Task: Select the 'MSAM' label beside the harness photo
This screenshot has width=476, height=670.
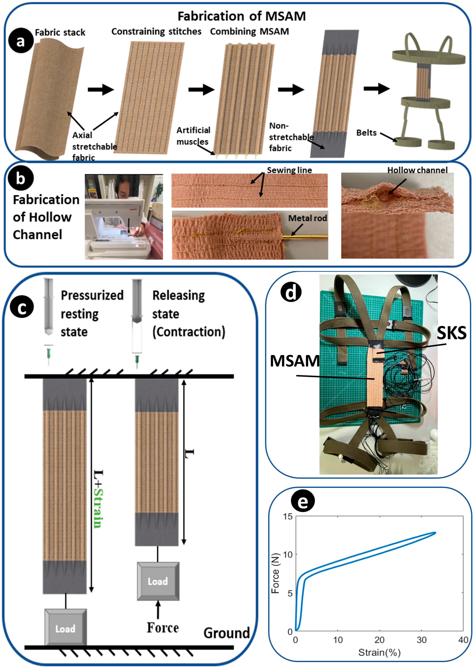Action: pyautogui.click(x=295, y=361)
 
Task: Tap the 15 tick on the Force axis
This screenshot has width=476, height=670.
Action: pyautogui.click(x=288, y=516)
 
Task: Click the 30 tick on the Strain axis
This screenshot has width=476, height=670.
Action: pyautogui.click(x=422, y=640)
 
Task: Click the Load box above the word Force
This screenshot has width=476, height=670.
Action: pyautogui.click(x=158, y=581)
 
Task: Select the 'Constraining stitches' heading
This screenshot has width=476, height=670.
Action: pyautogui.click(x=156, y=31)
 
